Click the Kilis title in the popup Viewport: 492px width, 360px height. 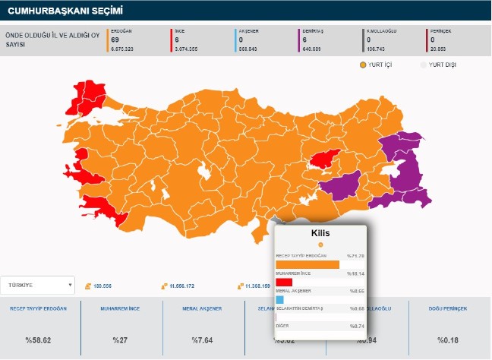(x=320, y=232)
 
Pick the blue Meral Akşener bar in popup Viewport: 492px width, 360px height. (x=279, y=299)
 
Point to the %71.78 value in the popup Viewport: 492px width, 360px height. (x=355, y=256)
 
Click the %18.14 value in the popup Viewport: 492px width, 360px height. (x=355, y=273)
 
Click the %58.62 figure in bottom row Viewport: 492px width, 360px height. (x=38, y=339)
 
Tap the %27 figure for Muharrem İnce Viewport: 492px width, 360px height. (x=120, y=339)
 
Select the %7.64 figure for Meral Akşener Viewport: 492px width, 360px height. (x=202, y=339)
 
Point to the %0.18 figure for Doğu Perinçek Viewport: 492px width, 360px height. (x=449, y=339)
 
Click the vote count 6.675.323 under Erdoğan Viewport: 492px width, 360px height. (x=123, y=47)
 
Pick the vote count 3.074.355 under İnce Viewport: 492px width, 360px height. (x=187, y=47)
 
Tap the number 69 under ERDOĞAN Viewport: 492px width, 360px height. (x=115, y=39)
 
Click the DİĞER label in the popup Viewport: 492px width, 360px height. (x=282, y=326)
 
